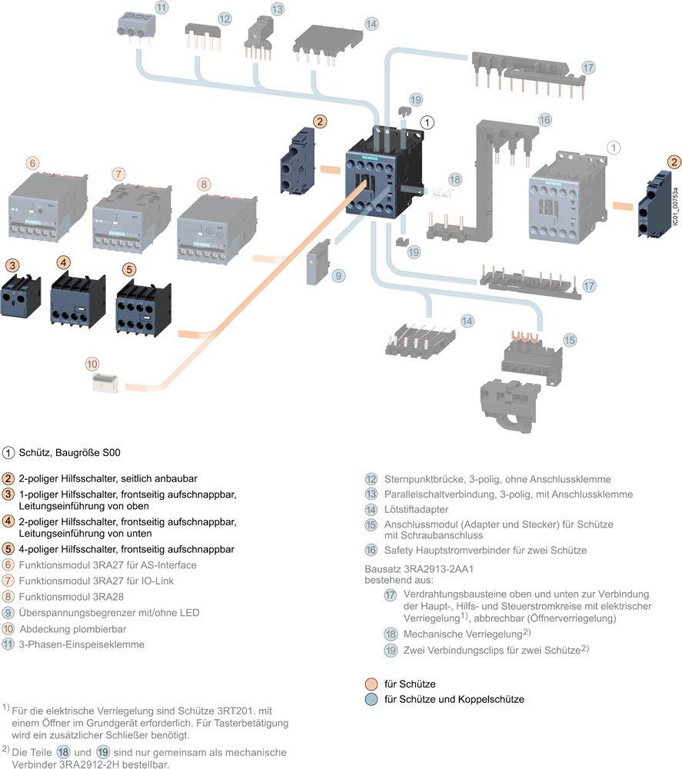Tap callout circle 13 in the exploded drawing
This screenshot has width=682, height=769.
pos(277,9)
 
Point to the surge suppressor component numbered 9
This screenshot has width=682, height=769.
pos(317,267)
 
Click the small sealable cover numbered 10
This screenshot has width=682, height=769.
pos(103,383)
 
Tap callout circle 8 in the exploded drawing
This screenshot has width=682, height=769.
pos(203,184)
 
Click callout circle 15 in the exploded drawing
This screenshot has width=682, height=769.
pos(569,339)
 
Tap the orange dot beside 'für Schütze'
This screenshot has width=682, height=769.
pos(371,684)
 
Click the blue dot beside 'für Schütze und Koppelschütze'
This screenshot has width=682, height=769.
pos(371,699)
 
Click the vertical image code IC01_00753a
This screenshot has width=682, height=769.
pos(674,207)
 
